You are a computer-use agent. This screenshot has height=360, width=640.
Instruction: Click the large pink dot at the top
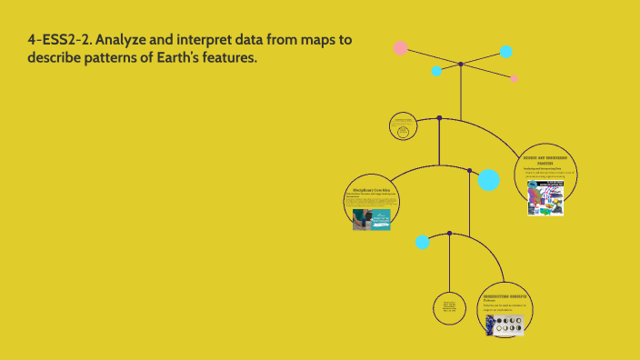tap(400, 47)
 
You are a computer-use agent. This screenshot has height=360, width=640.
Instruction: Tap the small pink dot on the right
tap(515, 79)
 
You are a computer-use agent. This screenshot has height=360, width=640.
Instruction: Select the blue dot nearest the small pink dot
tap(505, 51)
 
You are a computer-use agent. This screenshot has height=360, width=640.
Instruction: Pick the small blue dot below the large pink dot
tap(436, 70)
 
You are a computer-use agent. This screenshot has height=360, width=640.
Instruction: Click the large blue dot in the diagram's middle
tap(488, 179)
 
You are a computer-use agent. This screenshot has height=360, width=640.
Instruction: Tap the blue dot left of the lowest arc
tap(422, 242)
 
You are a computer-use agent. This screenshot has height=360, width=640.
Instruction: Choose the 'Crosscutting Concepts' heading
tap(505, 296)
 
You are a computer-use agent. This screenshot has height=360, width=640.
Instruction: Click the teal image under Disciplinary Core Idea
tap(371, 219)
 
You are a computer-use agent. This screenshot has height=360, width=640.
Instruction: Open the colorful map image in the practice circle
tap(546, 198)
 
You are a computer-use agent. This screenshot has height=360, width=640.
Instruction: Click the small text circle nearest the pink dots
tap(403, 127)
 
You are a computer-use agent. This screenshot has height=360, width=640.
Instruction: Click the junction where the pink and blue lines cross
tap(461, 65)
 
